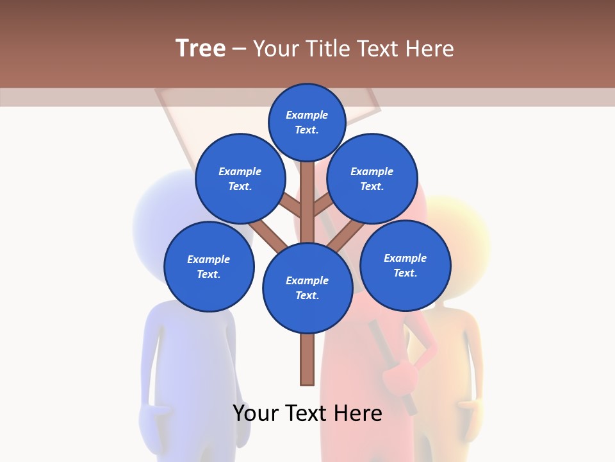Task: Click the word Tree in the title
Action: tap(201, 48)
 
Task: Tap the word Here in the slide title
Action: tap(429, 48)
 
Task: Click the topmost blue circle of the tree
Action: tap(307, 122)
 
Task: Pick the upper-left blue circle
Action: tap(240, 178)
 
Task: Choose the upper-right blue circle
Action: tap(372, 178)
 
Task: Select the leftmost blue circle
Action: tap(209, 266)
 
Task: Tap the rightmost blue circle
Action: tap(405, 265)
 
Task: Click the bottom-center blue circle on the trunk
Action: tap(307, 287)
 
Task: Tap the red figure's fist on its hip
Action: tap(404, 375)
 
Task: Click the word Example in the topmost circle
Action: tap(307, 115)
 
